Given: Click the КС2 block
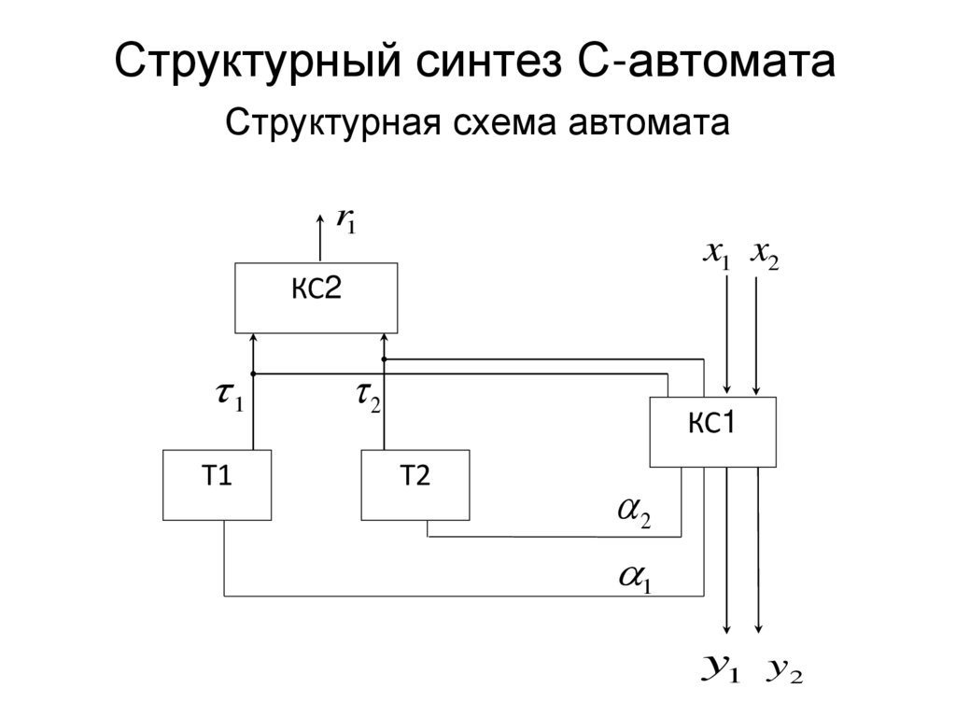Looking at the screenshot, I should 316,297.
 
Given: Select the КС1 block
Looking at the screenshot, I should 712,431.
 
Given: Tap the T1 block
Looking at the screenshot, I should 217,484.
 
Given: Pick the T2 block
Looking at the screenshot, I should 415,484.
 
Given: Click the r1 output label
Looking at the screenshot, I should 346,222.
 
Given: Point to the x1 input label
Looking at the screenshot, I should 717,254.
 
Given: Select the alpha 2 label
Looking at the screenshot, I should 635,512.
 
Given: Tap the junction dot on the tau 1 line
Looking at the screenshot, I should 253,374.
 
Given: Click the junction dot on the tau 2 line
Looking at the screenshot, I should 385,358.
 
